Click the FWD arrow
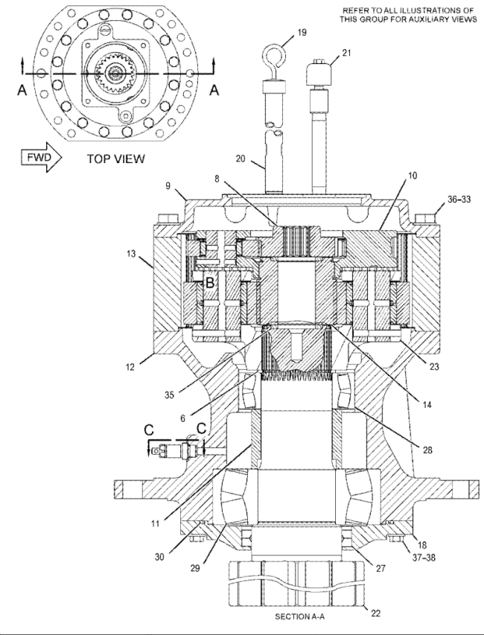click(x=41, y=157)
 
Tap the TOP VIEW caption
click(x=115, y=159)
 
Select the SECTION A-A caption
click(x=300, y=616)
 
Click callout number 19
click(x=302, y=33)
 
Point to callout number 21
click(x=346, y=53)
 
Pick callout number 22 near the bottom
click(x=376, y=613)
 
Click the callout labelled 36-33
click(x=459, y=200)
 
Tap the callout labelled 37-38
click(x=424, y=558)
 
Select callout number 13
click(x=131, y=255)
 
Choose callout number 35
click(x=169, y=395)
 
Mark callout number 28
click(x=427, y=450)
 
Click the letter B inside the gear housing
click(x=210, y=282)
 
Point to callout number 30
click(x=159, y=557)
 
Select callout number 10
click(x=413, y=176)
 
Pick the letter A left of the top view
click(x=22, y=90)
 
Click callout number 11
click(x=156, y=523)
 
